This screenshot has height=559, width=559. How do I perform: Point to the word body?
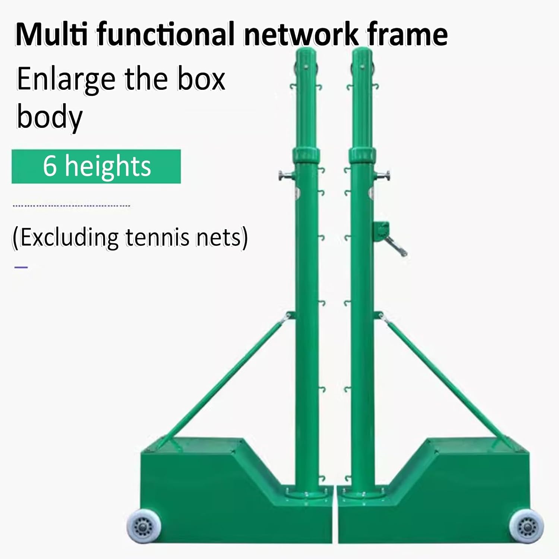pyautogui.click(x=49, y=117)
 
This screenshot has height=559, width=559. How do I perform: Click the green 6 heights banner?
pyautogui.click(x=96, y=166)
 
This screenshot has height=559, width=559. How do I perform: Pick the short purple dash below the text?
pyautogui.click(x=21, y=267)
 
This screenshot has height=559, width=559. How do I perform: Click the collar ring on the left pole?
pyautogui.click(x=306, y=154)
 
